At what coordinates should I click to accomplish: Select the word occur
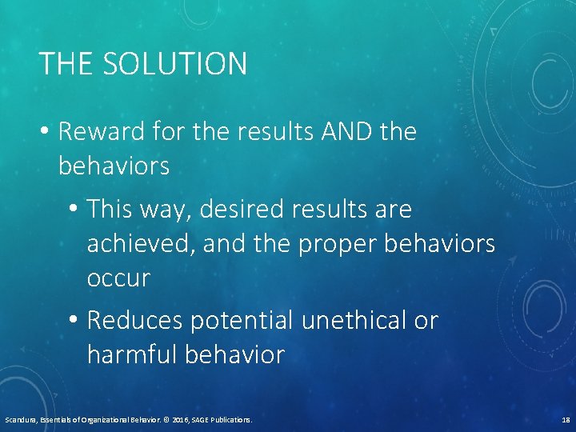tap(118, 278)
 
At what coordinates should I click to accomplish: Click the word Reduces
tap(135, 321)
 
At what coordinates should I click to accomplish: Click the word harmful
tap(132, 354)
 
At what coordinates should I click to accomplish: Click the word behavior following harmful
tap(234, 354)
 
